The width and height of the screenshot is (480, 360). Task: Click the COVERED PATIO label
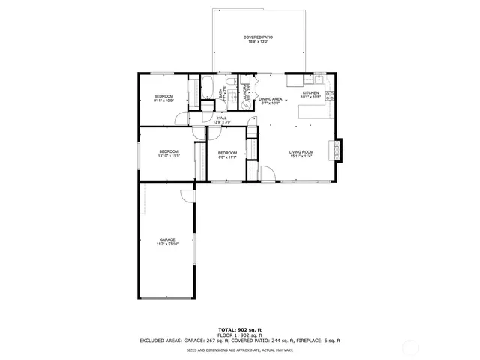pos(257,39)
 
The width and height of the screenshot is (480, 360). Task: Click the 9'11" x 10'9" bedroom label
pos(164,98)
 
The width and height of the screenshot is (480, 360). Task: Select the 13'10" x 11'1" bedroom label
pos(169,154)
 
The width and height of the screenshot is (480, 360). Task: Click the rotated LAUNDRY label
pos(245,91)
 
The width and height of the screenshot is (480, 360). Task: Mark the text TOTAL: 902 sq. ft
pos(240,329)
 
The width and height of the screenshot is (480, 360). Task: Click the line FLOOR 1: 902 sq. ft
pos(240,334)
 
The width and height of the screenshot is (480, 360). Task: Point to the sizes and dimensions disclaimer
pos(240,349)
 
